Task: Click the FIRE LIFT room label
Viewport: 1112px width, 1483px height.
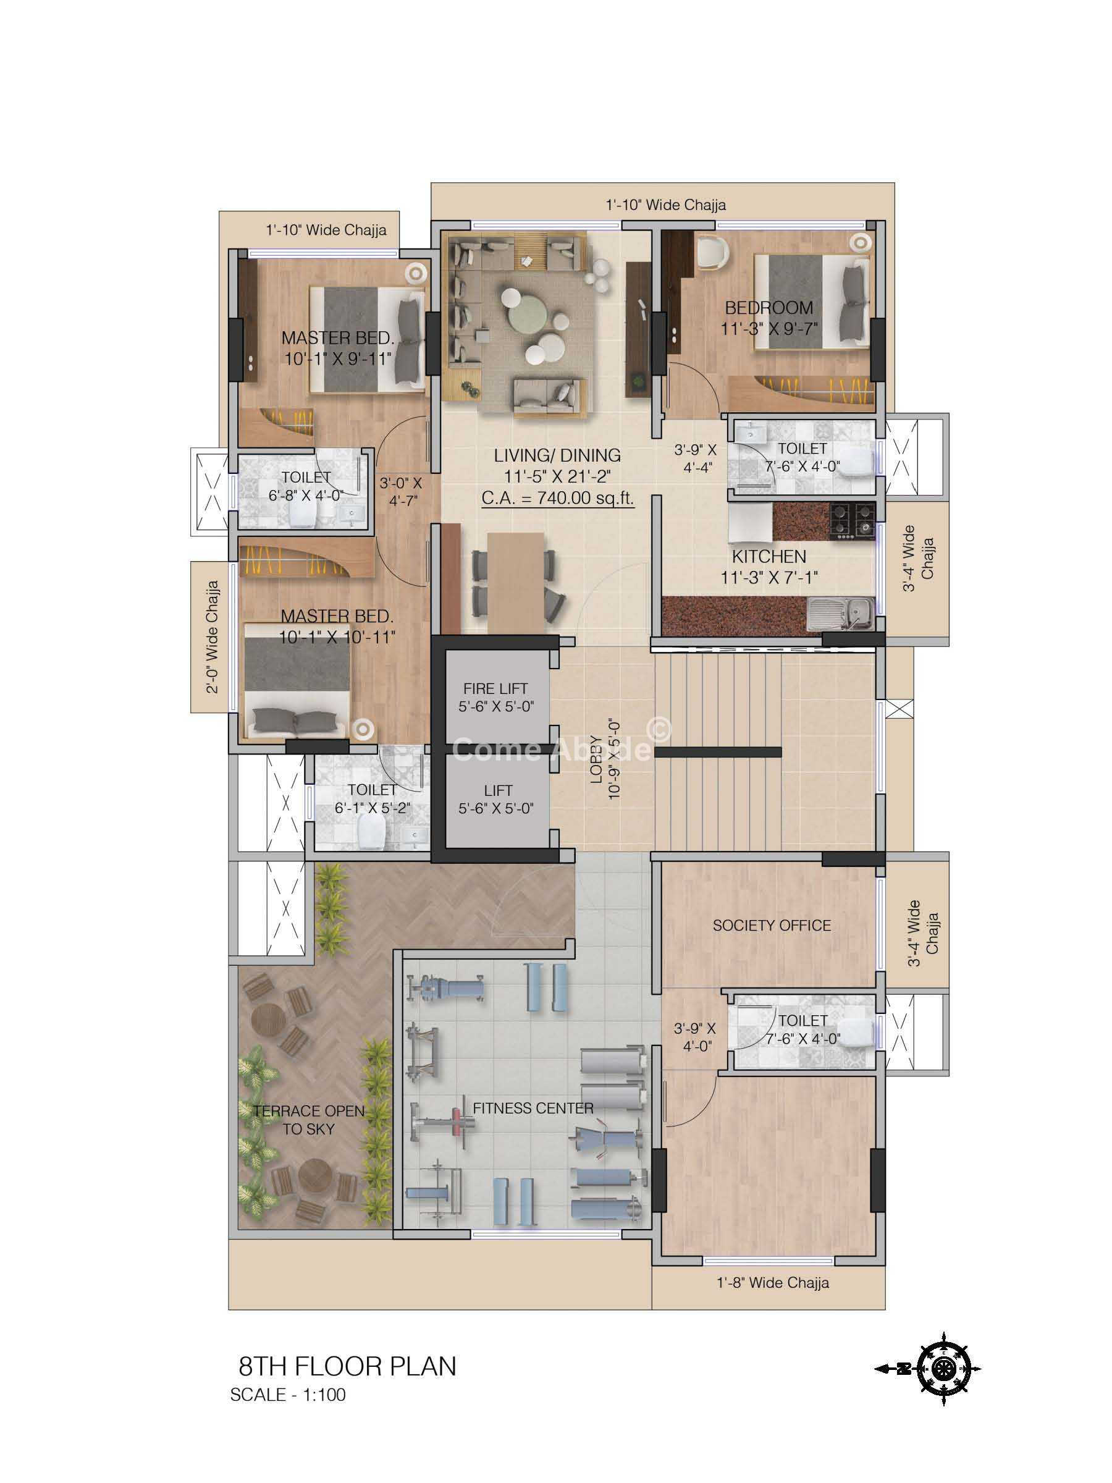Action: coord(495,688)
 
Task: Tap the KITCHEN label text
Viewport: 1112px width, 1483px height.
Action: coord(769,557)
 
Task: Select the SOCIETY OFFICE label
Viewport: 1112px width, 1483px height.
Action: coord(772,926)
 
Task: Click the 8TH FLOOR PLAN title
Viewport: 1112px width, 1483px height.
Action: coord(347,1366)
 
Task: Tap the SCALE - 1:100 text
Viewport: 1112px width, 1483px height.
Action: coord(287,1395)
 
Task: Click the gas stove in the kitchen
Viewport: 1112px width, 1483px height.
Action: coord(853,521)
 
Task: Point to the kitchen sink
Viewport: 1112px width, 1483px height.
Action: coord(840,615)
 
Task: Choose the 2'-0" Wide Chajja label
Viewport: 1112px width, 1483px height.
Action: coord(213,637)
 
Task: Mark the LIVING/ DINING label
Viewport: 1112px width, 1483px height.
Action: coord(558,455)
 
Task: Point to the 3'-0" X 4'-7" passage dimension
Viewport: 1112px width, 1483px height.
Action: coord(401,491)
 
